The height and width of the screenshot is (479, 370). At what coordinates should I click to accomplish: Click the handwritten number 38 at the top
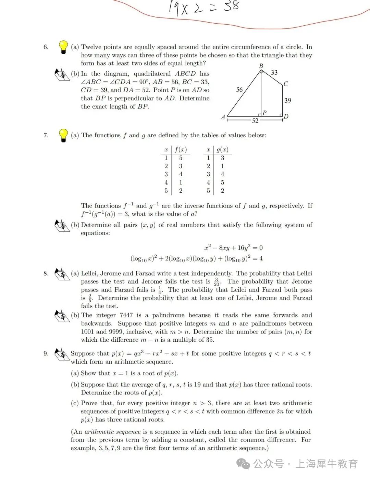232,6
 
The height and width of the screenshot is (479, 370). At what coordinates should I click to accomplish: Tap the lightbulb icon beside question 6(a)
63,47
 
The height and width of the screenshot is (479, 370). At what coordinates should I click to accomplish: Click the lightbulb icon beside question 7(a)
63,135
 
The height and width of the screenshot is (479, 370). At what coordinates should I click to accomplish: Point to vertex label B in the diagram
261,66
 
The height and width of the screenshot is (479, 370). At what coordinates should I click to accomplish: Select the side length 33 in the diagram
274,73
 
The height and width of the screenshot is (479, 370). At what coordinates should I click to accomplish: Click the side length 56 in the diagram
239,90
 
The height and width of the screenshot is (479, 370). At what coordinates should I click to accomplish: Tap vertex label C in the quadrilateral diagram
286,84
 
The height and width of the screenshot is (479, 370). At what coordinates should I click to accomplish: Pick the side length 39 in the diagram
288,100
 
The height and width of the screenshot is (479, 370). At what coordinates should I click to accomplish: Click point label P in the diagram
264,113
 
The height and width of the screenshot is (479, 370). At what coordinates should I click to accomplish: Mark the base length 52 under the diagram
255,121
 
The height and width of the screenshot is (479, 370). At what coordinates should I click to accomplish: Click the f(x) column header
181,150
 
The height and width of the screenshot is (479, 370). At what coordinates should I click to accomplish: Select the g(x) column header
222,150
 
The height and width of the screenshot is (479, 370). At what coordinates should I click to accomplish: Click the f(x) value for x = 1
181,158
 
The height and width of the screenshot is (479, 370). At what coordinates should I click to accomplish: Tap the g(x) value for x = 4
222,182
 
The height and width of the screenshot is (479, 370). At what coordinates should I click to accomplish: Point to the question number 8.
46,273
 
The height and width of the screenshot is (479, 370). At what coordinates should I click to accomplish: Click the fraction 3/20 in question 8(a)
217,282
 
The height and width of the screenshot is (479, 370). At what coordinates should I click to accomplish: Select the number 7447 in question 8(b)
126,315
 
